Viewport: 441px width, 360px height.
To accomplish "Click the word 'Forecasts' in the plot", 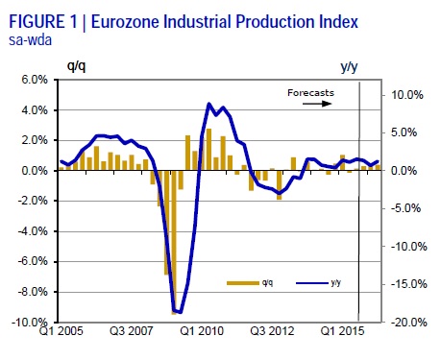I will pyautogui.click(x=310, y=92).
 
